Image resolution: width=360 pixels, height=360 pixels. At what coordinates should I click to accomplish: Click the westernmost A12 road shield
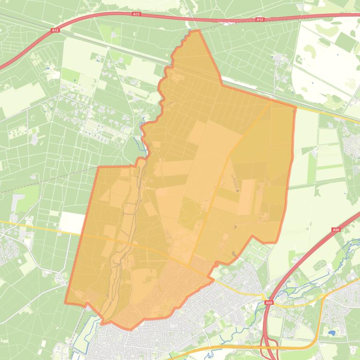(55, 30)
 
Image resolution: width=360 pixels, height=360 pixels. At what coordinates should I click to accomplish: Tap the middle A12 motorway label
(136, 14)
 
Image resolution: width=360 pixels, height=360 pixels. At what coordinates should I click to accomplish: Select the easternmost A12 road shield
(260, 20)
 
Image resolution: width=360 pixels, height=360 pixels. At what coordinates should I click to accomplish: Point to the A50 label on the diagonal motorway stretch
(335, 230)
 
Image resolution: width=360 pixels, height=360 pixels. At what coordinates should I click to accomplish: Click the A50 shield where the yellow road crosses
(269, 303)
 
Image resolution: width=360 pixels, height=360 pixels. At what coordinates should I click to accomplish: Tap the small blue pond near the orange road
(332, 333)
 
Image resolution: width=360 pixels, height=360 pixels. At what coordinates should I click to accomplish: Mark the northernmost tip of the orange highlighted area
(199, 30)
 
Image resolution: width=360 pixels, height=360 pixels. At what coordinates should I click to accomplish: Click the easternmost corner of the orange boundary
(296, 107)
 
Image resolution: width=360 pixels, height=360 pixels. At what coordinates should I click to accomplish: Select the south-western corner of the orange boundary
(65, 302)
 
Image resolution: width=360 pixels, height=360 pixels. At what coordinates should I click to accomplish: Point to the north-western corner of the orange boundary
(98, 167)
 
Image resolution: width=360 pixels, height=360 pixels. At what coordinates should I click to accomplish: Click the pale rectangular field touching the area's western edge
(72, 223)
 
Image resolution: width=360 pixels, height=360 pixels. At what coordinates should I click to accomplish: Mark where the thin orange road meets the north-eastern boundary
(272, 100)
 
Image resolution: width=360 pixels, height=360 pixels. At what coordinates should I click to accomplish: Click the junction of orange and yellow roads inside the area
(189, 267)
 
